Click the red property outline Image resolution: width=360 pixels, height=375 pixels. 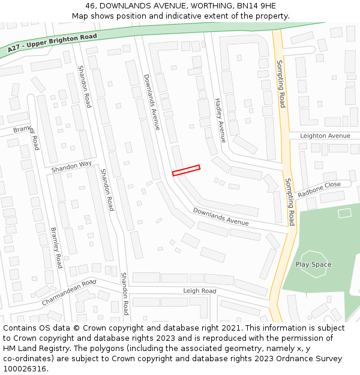(x=186, y=170)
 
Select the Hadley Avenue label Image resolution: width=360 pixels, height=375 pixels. (x=220, y=120)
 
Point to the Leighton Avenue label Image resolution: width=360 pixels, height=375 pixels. (x=325, y=136)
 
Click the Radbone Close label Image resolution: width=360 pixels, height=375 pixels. (x=319, y=189)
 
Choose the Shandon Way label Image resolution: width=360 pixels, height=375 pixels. (x=71, y=167)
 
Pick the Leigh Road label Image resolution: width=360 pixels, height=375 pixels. (x=199, y=291)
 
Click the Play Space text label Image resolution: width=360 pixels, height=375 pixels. (x=313, y=265)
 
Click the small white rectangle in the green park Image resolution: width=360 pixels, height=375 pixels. (x=344, y=212)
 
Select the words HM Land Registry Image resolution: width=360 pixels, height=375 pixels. (x=31, y=349)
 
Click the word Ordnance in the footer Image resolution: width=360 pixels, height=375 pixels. (x=289, y=359)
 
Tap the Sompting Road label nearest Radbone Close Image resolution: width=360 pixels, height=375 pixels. (x=290, y=200)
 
